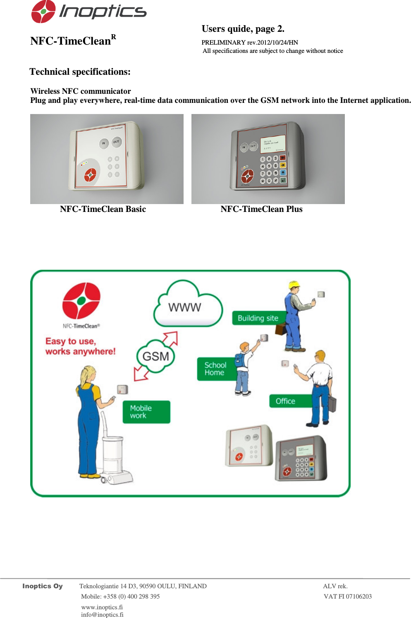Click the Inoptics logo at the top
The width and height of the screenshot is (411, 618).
pyautogui.click(x=88, y=12)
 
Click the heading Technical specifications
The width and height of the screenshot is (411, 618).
pyautogui.click(x=80, y=72)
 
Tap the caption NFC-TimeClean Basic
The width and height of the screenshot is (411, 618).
pyautogui.click(x=103, y=209)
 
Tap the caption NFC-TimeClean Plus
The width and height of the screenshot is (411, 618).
pyautogui.click(x=261, y=209)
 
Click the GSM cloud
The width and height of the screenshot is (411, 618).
pyautogui.click(x=155, y=356)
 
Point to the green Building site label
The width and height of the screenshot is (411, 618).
pyautogui.click(x=258, y=318)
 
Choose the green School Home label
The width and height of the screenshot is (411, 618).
pyautogui.click(x=215, y=369)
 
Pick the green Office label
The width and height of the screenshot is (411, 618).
pyautogui.click(x=286, y=401)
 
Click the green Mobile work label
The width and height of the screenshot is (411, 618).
pyautogui.click(x=146, y=412)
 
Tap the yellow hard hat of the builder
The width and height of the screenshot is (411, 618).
pyautogui.click(x=294, y=285)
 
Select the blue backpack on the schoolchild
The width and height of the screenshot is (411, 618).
pyautogui.click(x=240, y=360)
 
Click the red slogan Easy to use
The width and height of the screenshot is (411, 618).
pyautogui.click(x=80, y=346)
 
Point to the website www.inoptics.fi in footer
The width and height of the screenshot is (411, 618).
pyautogui.click(x=102, y=607)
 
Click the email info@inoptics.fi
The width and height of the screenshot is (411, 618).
pyautogui.click(x=102, y=615)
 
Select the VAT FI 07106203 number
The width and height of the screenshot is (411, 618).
pyautogui.click(x=347, y=597)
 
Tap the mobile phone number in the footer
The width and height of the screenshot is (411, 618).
pyautogui.click(x=120, y=597)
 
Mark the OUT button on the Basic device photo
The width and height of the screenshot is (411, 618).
pyautogui.click(x=116, y=142)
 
